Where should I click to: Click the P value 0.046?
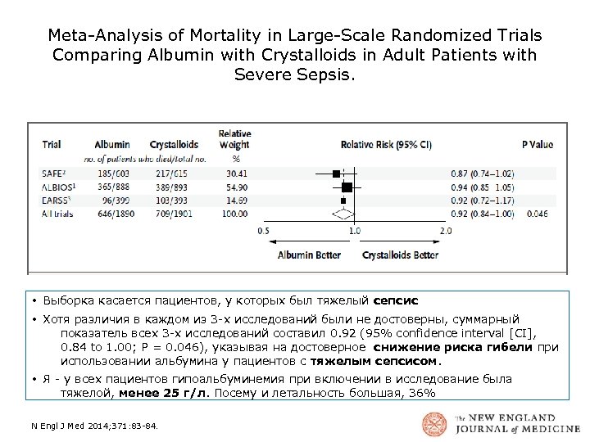[x=538, y=213]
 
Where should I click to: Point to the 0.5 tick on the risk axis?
[x=263, y=231]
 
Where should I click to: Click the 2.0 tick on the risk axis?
[x=445, y=231]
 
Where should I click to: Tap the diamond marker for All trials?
[x=342, y=213]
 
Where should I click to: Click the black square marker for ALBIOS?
[x=347, y=187]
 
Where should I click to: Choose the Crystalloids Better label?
[x=401, y=255]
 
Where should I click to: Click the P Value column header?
[x=537, y=145]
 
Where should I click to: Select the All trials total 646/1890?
[x=111, y=213]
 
